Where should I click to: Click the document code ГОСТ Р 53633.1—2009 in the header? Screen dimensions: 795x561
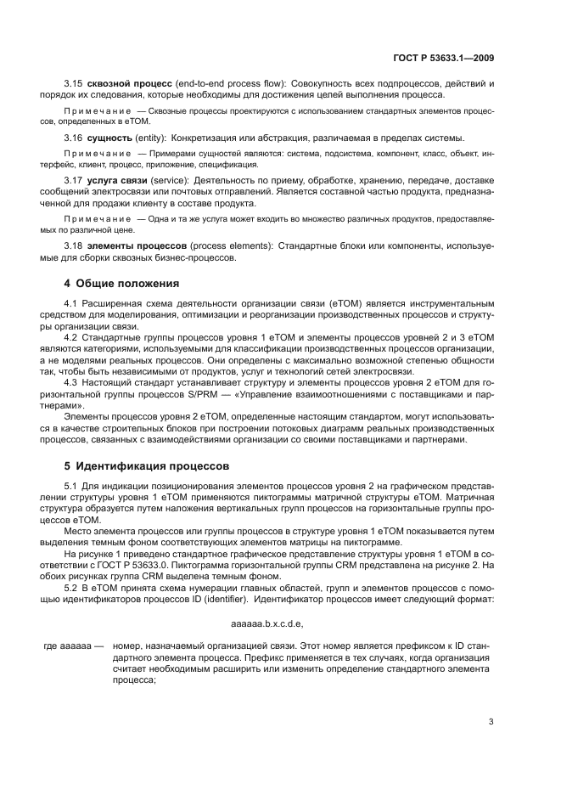click(445, 59)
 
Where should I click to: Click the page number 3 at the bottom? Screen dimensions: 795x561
click(491, 723)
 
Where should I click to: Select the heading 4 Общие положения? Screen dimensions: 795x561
click(123, 282)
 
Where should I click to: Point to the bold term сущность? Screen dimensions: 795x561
click(109, 137)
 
